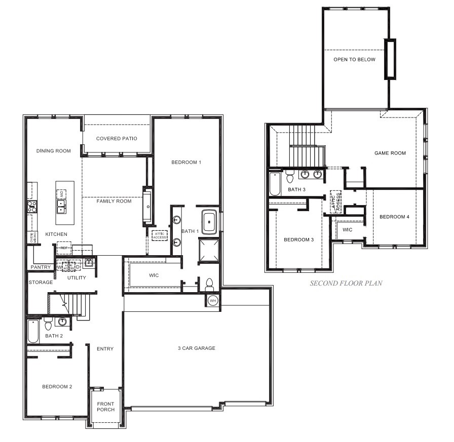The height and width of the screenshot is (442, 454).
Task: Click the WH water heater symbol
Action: pos(212,300)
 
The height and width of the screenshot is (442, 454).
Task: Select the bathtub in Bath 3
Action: pos(275,184)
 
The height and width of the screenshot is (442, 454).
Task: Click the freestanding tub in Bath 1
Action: pos(210,222)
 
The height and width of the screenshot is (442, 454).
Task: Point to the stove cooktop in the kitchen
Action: pos(31,206)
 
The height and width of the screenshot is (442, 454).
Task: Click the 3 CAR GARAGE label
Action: pos(196,348)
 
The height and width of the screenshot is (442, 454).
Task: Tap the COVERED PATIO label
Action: pos(117,138)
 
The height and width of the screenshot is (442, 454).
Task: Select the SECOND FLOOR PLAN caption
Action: pos(346,284)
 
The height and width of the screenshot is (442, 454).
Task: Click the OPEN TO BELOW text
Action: pos(354,59)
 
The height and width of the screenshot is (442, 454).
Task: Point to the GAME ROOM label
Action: pos(390,153)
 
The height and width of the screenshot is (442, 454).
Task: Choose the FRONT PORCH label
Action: pos(106,407)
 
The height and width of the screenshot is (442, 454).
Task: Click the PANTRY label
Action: pos(41,267)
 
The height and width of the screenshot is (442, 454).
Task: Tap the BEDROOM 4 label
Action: pos(394,217)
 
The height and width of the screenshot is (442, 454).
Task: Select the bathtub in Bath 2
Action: pos(33,331)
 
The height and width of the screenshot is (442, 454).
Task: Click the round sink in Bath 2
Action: pos(63,322)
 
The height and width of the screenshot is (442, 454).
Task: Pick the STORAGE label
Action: pos(41,282)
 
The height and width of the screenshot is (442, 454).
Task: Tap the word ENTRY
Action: pos(105,349)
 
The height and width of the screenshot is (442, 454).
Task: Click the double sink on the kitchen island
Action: pos(61,205)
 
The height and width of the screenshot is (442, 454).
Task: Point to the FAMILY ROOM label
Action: pos(114,201)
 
